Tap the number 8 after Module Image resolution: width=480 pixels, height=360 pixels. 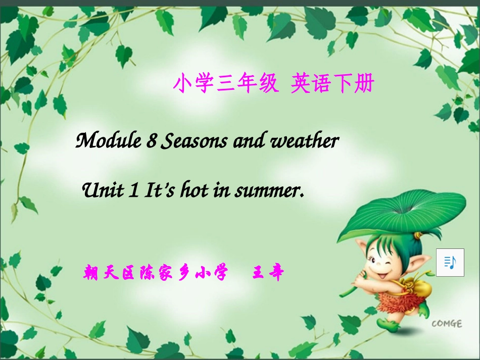[x=151, y=141]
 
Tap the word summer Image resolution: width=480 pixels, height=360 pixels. [x=270, y=191]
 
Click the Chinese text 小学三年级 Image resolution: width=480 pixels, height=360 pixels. [x=225, y=84]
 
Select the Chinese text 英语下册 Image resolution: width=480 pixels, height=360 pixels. [x=331, y=84]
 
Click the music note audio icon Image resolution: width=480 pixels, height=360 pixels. [x=450, y=262]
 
